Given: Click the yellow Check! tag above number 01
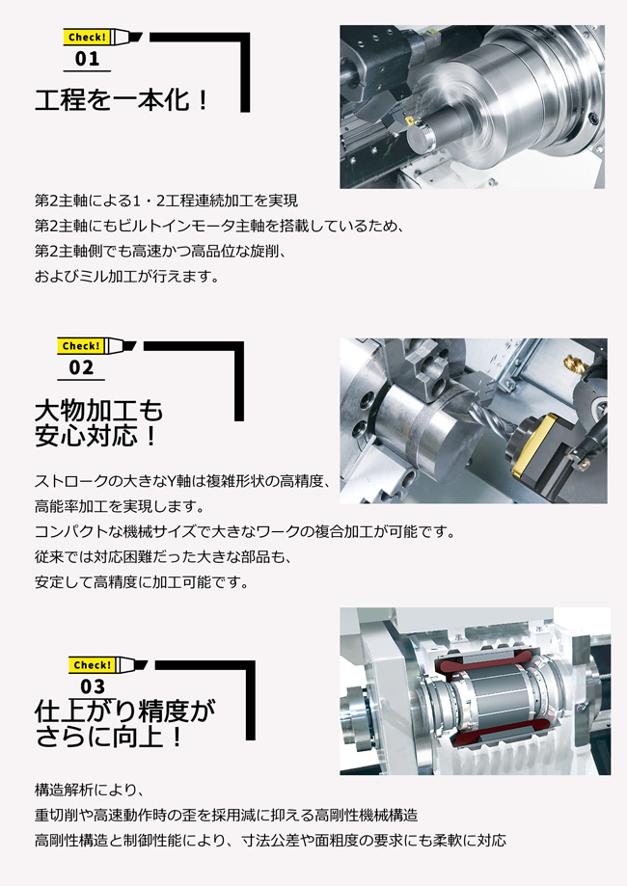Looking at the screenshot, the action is (86, 38).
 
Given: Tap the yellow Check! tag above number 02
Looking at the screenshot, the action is (80, 346).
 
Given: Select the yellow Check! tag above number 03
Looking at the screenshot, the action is (92, 665).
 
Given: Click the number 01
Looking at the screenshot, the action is (87, 59).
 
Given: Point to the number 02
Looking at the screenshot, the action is (81, 368).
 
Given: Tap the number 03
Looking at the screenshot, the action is (93, 686).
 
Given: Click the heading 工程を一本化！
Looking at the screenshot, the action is (123, 100).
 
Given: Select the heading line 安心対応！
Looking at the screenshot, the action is (95, 436).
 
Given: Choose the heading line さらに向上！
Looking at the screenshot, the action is (110, 737).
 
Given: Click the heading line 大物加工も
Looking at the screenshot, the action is (98, 411).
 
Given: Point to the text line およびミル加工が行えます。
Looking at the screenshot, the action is (126, 277).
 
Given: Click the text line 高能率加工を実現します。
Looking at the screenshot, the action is (120, 506).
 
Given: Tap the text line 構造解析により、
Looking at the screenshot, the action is (90, 790).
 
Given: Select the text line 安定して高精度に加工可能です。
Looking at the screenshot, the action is (142, 582).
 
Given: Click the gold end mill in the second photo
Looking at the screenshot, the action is (576, 365).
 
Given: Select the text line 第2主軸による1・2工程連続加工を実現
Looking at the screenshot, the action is (166, 201).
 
